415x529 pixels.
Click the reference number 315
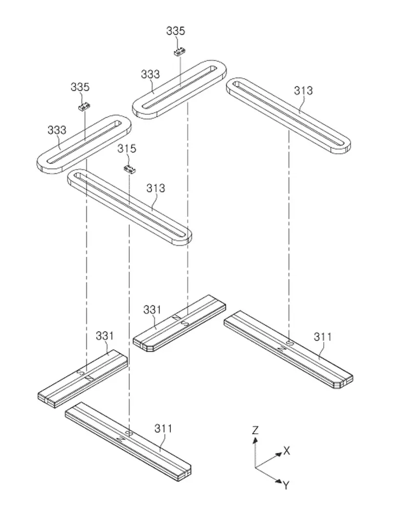(126, 148)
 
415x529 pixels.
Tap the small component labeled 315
(129, 169)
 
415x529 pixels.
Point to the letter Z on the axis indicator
(255, 430)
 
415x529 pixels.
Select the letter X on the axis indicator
(287, 451)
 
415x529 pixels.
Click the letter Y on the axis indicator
(286, 485)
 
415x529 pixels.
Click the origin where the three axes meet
(255, 467)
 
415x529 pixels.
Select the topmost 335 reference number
(176, 31)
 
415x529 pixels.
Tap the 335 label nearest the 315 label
(80, 87)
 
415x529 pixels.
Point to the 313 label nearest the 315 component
(155, 188)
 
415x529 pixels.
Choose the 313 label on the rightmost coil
(303, 90)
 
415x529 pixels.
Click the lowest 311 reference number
(164, 428)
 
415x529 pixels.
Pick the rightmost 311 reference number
(323, 337)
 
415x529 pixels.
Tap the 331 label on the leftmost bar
(104, 336)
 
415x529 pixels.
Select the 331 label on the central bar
(152, 310)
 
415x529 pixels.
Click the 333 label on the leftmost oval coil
(57, 130)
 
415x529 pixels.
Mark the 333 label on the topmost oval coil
(150, 74)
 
